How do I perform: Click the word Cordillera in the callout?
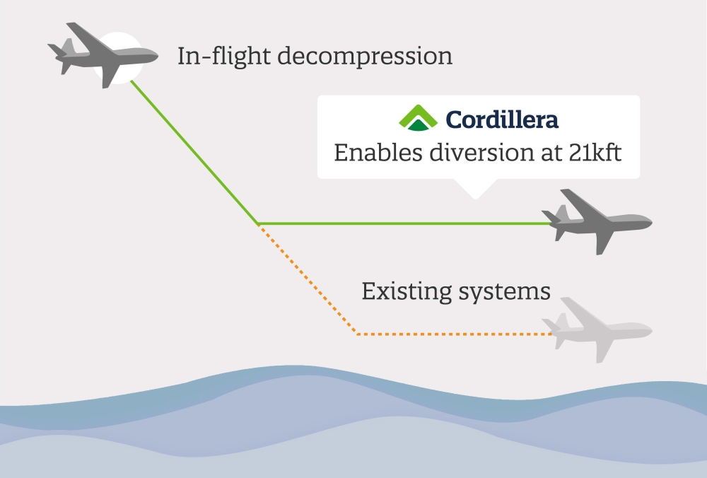pyautogui.click(x=502, y=119)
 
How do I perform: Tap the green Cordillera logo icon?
pyautogui.click(x=418, y=117)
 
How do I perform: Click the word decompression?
pyautogui.click(x=365, y=57)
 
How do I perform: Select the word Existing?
pyautogui.click(x=407, y=292)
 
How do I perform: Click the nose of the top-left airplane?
pyautogui.click(x=156, y=57)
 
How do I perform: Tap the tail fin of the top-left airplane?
pyautogui.click(x=68, y=47)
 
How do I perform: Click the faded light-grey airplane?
pyautogui.click(x=597, y=330)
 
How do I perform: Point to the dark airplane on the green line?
pyautogui.click(x=597, y=221)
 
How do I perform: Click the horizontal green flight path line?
pyautogui.click(x=404, y=223)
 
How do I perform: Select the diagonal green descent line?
pyautogui.click(x=194, y=152)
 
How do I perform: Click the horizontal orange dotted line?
pyautogui.click(x=454, y=334)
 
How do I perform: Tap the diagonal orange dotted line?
pyautogui.click(x=308, y=279)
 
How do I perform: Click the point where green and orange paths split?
pyautogui.click(x=258, y=223)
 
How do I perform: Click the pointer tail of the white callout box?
pyautogui.click(x=475, y=189)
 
